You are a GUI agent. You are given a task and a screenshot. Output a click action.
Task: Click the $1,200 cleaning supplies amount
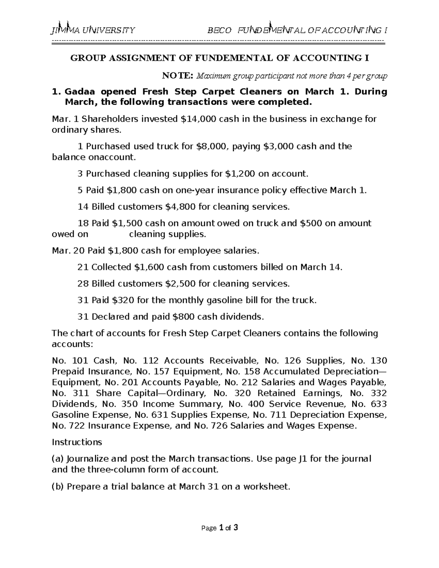(239, 174)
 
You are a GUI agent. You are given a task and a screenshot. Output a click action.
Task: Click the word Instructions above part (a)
(77, 442)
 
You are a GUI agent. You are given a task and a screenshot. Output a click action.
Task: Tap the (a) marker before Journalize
(58, 459)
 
